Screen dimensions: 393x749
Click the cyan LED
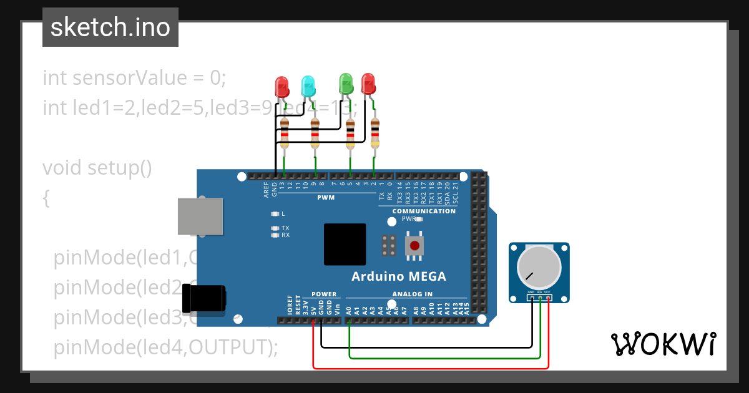[x=308, y=86]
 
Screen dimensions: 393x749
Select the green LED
[x=345, y=83]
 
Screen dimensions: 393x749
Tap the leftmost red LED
[x=281, y=86]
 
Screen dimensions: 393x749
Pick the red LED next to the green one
[x=368, y=83]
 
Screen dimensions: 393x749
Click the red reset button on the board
[x=413, y=245]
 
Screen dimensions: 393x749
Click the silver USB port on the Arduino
[x=200, y=216]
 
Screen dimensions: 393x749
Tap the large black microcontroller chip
[x=345, y=244]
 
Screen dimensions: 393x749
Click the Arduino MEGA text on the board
[x=398, y=276]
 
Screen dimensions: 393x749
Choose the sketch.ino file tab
[x=110, y=27]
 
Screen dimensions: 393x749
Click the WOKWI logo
[x=663, y=344]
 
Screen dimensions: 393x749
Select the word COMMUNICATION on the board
[x=424, y=211]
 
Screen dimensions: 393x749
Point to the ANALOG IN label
[x=412, y=294]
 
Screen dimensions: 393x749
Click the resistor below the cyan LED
[x=315, y=133]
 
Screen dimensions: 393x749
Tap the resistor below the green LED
[x=350, y=133]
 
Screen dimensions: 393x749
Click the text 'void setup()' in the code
[x=97, y=168]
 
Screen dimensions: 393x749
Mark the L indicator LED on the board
[x=275, y=214]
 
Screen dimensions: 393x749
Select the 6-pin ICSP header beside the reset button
[x=388, y=245]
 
